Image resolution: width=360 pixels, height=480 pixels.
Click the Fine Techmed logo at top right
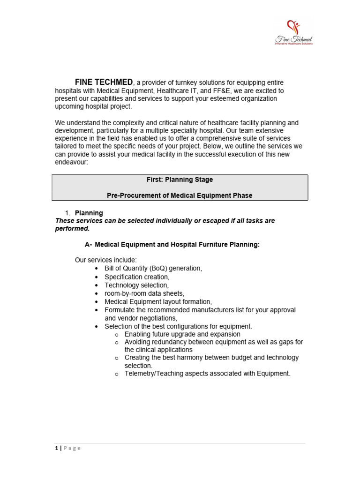pos(294,32)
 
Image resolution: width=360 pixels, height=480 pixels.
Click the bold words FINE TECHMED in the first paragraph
pos(104,82)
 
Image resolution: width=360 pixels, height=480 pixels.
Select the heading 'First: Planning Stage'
pos(180,180)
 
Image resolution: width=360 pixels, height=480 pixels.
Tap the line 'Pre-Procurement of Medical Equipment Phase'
pos(180,195)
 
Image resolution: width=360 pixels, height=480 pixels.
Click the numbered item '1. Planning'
pos(89,213)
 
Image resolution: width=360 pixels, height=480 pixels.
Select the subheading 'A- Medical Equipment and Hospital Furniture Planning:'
pos(172,244)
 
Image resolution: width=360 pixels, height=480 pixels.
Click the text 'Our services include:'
pos(105,260)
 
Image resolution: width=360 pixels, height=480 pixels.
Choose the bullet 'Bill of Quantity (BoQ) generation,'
pos(153,268)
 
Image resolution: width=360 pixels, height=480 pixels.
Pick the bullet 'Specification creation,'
pos(137,277)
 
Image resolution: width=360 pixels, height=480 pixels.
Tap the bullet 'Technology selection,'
pos(136,285)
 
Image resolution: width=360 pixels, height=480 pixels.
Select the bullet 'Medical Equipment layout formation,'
pos(158,301)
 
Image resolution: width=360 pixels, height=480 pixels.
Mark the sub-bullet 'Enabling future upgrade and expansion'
pos(182,334)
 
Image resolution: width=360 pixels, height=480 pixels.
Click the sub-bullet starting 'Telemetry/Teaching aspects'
pos(207,374)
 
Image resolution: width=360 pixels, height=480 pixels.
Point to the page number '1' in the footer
pos(56,448)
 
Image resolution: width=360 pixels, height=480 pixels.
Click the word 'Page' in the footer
pos(72,448)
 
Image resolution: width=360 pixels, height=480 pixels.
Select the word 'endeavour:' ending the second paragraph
pos(71,163)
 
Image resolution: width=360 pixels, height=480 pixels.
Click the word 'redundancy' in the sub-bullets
pos(168,342)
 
